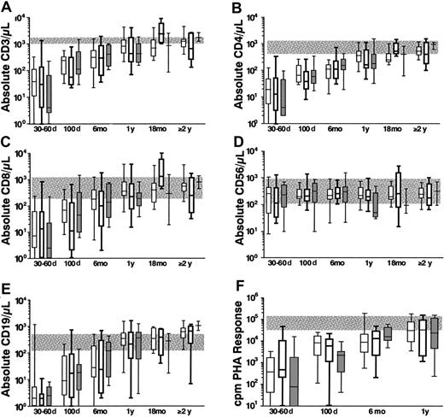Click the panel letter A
point(8,8)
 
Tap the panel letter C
point(8,146)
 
